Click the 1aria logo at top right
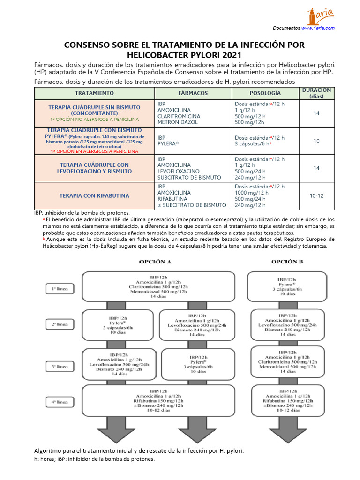tap(320, 16)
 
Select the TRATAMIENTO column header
tap(94, 93)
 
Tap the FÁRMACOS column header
tap(193, 93)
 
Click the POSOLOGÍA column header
tap(265, 93)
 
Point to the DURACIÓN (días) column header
tap(316, 93)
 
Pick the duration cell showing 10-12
tap(316, 195)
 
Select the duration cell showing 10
tap(316, 141)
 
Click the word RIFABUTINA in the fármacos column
tap(172, 199)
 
